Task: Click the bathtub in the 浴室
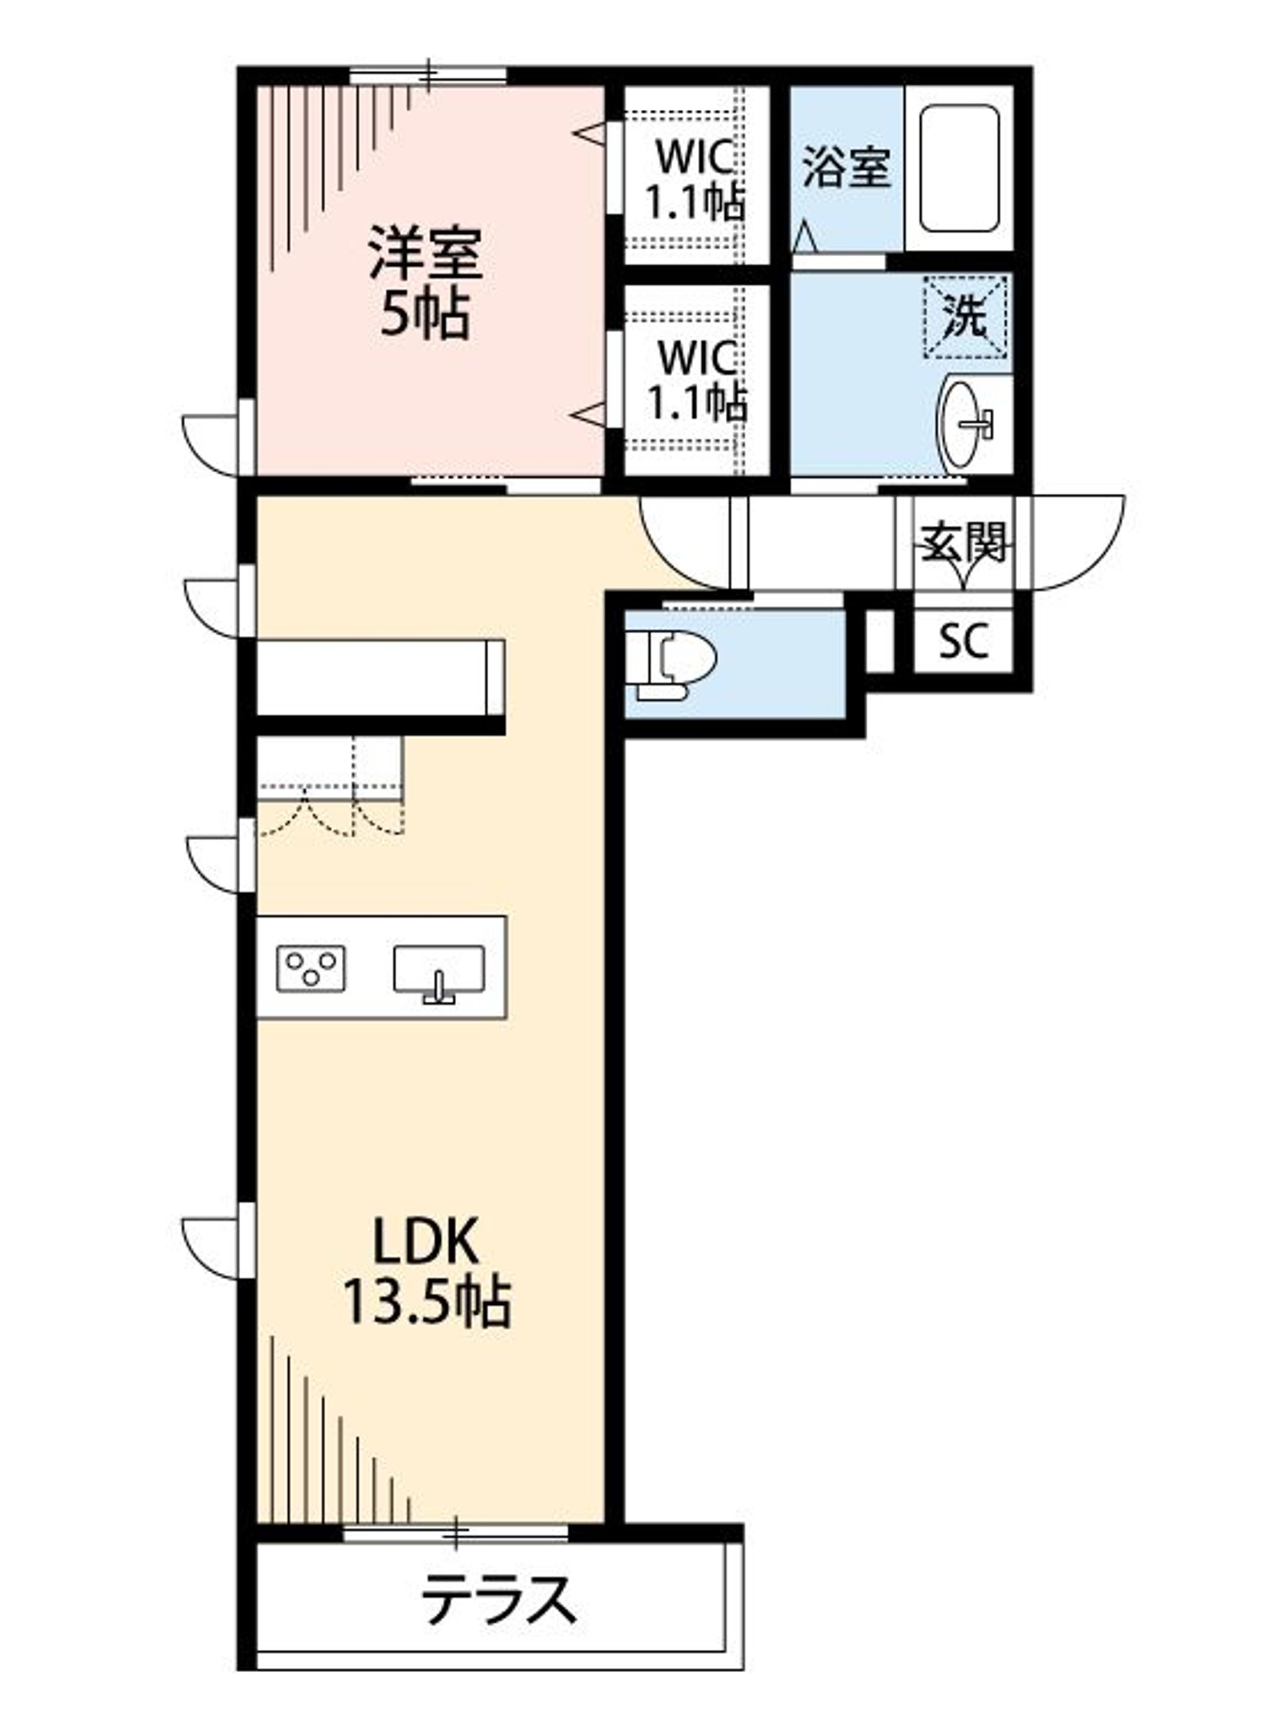[x=960, y=169]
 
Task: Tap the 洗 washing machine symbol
[x=966, y=317]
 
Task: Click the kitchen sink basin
[x=438, y=970]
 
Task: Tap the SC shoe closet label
[x=963, y=641]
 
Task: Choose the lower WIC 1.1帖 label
[x=696, y=380]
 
